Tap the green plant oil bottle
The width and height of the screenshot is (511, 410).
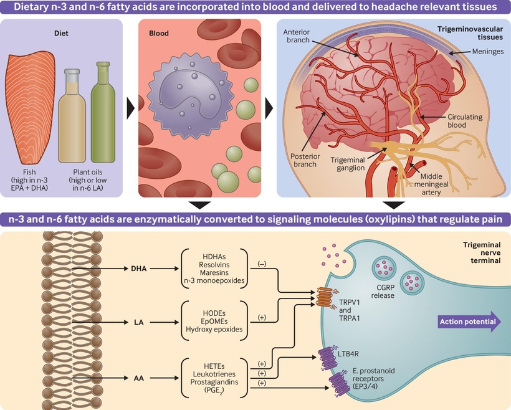pyautogui.click(x=103, y=112)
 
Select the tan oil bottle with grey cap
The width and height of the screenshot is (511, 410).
pyautogui.click(x=72, y=116)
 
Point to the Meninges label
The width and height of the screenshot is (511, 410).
pyautogui.click(x=487, y=51)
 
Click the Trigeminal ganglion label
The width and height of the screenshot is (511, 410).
pyautogui.click(x=348, y=164)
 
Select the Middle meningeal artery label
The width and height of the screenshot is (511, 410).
pyautogui.click(x=431, y=184)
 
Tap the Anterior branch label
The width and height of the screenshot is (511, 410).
pyautogui.click(x=296, y=36)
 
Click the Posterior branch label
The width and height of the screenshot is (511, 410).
pyautogui.click(x=305, y=160)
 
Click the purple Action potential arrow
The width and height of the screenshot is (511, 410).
pyautogui.click(x=469, y=322)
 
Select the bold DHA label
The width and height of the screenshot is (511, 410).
pyautogui.click(x=139, y=269)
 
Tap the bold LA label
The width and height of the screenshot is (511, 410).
pyautogui.click(x=139, y=322)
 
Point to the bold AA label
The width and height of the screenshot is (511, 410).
pyautogui.click(x=139, y=378)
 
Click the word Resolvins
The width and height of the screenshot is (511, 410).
pyautogui.click(x=214, y=265)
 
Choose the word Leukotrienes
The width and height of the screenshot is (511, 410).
pyautogui.click(x=214, y=374)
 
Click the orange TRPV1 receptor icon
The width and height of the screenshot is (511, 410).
pyautogui.click(x=325, y=298)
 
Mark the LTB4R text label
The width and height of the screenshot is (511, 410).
pyautogui.click(x=348, y=354)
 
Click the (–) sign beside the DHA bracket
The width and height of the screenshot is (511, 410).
pyautogui.click(x=262, y=264)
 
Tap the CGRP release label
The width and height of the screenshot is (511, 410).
pyautogui.click(x=383, y=292)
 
